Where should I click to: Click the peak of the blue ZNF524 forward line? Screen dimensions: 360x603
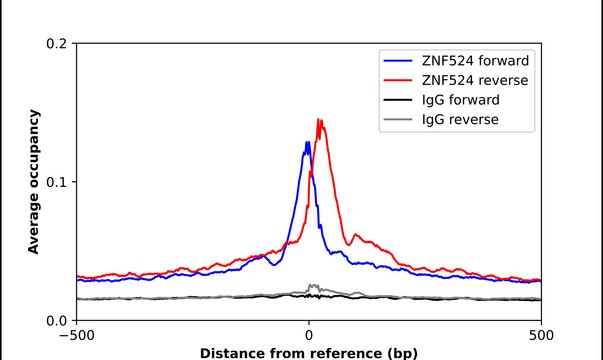coord(307,143)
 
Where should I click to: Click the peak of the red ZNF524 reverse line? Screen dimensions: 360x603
coord(319,120)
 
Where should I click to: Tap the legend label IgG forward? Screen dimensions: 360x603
coord(461,100)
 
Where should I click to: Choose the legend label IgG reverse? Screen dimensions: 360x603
coord(459,120)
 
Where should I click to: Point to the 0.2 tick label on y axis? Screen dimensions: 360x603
coord(57,44)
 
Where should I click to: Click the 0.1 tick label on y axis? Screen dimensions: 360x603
coord(57,182)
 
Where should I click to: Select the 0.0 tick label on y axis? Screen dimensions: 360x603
coord(57,320)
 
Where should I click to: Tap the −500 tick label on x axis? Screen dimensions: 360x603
coord(75,335)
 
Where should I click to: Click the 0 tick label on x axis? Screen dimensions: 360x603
coord(308,335)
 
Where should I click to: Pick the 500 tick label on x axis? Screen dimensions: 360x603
coord(540,335)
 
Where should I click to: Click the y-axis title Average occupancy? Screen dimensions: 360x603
coord(33,182)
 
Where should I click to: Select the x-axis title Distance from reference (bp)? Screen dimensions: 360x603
coord(308,352)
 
